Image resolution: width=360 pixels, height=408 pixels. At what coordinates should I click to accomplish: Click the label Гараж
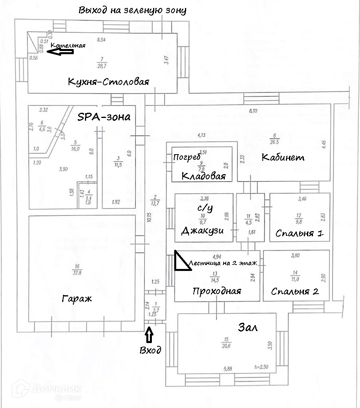(x=77, y=298)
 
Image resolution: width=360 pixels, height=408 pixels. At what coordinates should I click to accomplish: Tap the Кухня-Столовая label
(x=108, y=82)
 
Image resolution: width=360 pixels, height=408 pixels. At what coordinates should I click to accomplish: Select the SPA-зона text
(x=104, y=117)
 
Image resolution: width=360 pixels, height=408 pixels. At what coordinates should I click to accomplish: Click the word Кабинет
(x=283, y=157)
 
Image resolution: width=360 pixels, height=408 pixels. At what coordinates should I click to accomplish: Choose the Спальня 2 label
(x=295, y=291)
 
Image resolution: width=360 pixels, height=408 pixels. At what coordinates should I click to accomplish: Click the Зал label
(x=248, y=328)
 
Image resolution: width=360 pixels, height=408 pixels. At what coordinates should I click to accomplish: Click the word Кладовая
(x=204, y=176)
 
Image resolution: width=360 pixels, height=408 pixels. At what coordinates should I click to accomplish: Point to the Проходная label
(x=216, y=291)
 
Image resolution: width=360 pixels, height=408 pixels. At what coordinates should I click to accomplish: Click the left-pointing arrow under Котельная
(x=60, y=51)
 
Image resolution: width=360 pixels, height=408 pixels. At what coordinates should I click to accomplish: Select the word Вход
(x=150, y=350)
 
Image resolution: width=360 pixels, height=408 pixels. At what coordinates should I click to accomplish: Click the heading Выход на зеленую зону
(x=132, y=10)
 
